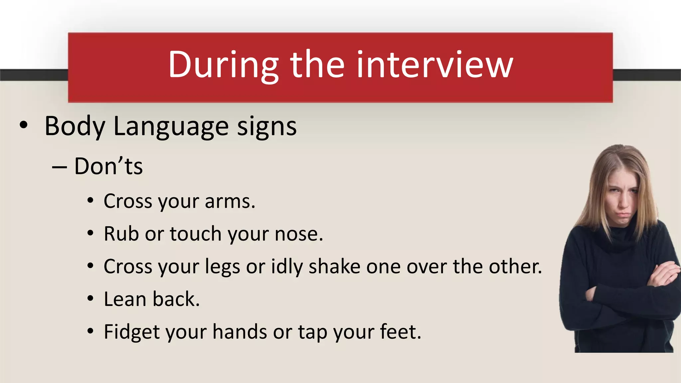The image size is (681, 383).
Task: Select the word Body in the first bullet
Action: tap(75, 126)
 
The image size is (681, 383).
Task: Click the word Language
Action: tap(171, 127)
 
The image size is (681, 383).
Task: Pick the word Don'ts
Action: tap(108, 166)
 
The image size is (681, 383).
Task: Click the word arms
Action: tap(230, 201)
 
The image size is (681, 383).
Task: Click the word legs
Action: tap(222, 267)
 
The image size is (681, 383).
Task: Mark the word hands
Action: tap(240, 331)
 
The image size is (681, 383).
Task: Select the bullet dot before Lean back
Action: tap(90, 298)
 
